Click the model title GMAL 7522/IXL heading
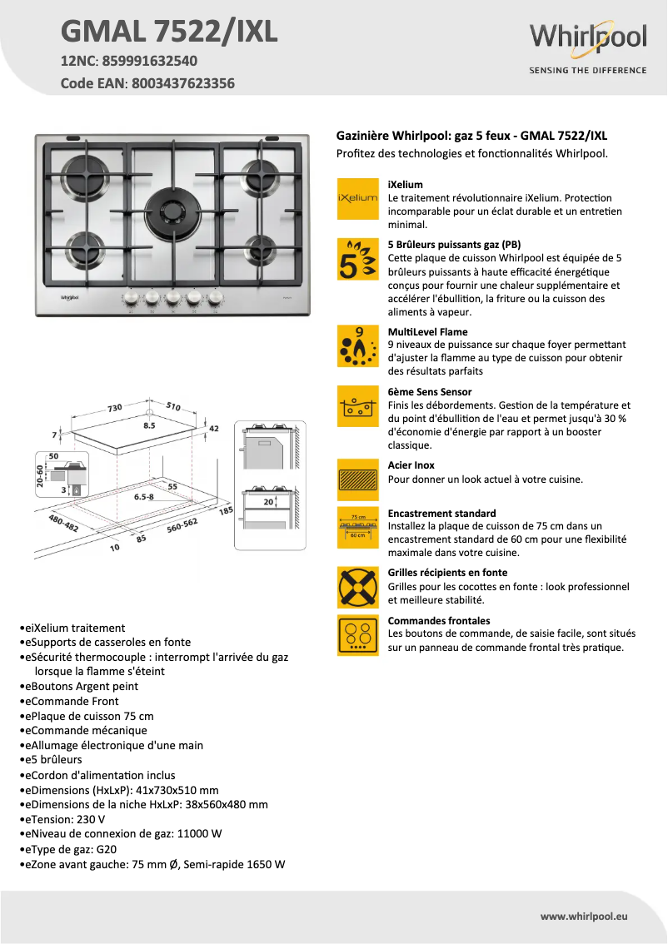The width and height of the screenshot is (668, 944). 169,31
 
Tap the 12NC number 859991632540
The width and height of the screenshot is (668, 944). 150,61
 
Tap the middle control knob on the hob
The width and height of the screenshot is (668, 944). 172,297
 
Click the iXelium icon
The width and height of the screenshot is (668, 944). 357,199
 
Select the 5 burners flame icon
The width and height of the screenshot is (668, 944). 357,258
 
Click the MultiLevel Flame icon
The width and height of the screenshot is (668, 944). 357,346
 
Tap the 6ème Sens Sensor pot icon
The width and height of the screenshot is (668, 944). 357,405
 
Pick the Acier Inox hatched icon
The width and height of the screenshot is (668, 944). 357,479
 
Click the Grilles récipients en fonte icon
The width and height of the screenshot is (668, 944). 357,587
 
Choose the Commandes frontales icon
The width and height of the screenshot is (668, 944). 357,635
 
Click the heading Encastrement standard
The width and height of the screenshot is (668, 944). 441,514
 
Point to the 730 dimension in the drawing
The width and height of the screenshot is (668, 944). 114,408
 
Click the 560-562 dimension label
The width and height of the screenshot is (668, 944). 182,525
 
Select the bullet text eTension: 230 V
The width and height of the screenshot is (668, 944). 62,819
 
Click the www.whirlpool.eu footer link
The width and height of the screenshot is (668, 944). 583,916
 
